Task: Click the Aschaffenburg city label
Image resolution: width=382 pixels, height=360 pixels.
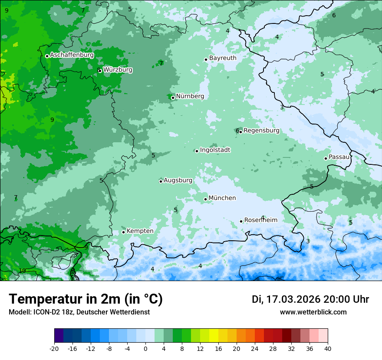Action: click(72, 55)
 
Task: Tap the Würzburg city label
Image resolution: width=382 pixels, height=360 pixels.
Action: click(118, 70)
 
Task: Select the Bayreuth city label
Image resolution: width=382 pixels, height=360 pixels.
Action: click(223, 58)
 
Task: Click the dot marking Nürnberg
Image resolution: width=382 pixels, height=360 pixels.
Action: click(173, 98)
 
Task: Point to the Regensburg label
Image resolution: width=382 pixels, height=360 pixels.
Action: click(261, 131)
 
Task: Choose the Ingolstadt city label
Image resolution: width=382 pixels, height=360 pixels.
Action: click(215, 150)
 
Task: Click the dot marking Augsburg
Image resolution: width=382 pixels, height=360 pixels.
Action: click(161, 181)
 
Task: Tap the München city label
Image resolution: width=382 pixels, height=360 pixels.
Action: click(222, 198)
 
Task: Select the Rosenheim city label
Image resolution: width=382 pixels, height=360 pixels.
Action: click(260, 220)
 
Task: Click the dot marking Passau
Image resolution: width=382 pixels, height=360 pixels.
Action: click(326, 158)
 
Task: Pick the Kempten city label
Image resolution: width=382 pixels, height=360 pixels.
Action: click(140, 231)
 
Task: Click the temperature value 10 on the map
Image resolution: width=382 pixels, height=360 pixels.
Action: click(22, 271)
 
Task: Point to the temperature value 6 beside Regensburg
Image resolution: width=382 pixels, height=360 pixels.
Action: click(237, 131)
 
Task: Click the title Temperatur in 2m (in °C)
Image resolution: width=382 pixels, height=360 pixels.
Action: click(86, 299)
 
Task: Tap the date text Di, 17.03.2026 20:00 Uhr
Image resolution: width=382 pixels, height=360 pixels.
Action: click(310, 299)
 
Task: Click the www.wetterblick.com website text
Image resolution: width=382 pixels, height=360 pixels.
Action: click(313, 312)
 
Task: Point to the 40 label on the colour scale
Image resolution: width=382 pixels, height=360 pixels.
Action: click(327, 349)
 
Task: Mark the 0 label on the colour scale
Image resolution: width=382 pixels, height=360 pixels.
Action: click(145, 349)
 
